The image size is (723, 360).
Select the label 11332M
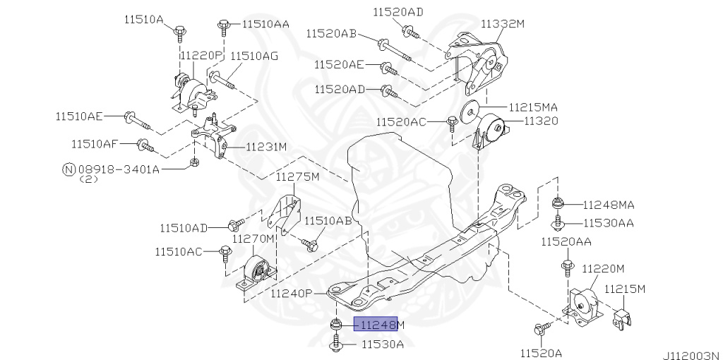(x=503, y=23)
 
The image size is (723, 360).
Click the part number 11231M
(x=266, y=148)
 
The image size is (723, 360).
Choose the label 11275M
(x=297, y=176)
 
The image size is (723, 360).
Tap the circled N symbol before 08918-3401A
(x=68, y=169)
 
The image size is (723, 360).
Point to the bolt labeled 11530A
(x=336, y=344)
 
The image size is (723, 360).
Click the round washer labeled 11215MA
(x=469, y=112)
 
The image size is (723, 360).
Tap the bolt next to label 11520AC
(x=452, y=123)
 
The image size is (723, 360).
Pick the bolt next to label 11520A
(x=541, y=328)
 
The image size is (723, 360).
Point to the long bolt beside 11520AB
(x=392, y=48)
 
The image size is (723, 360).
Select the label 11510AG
(x=254, y=55)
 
